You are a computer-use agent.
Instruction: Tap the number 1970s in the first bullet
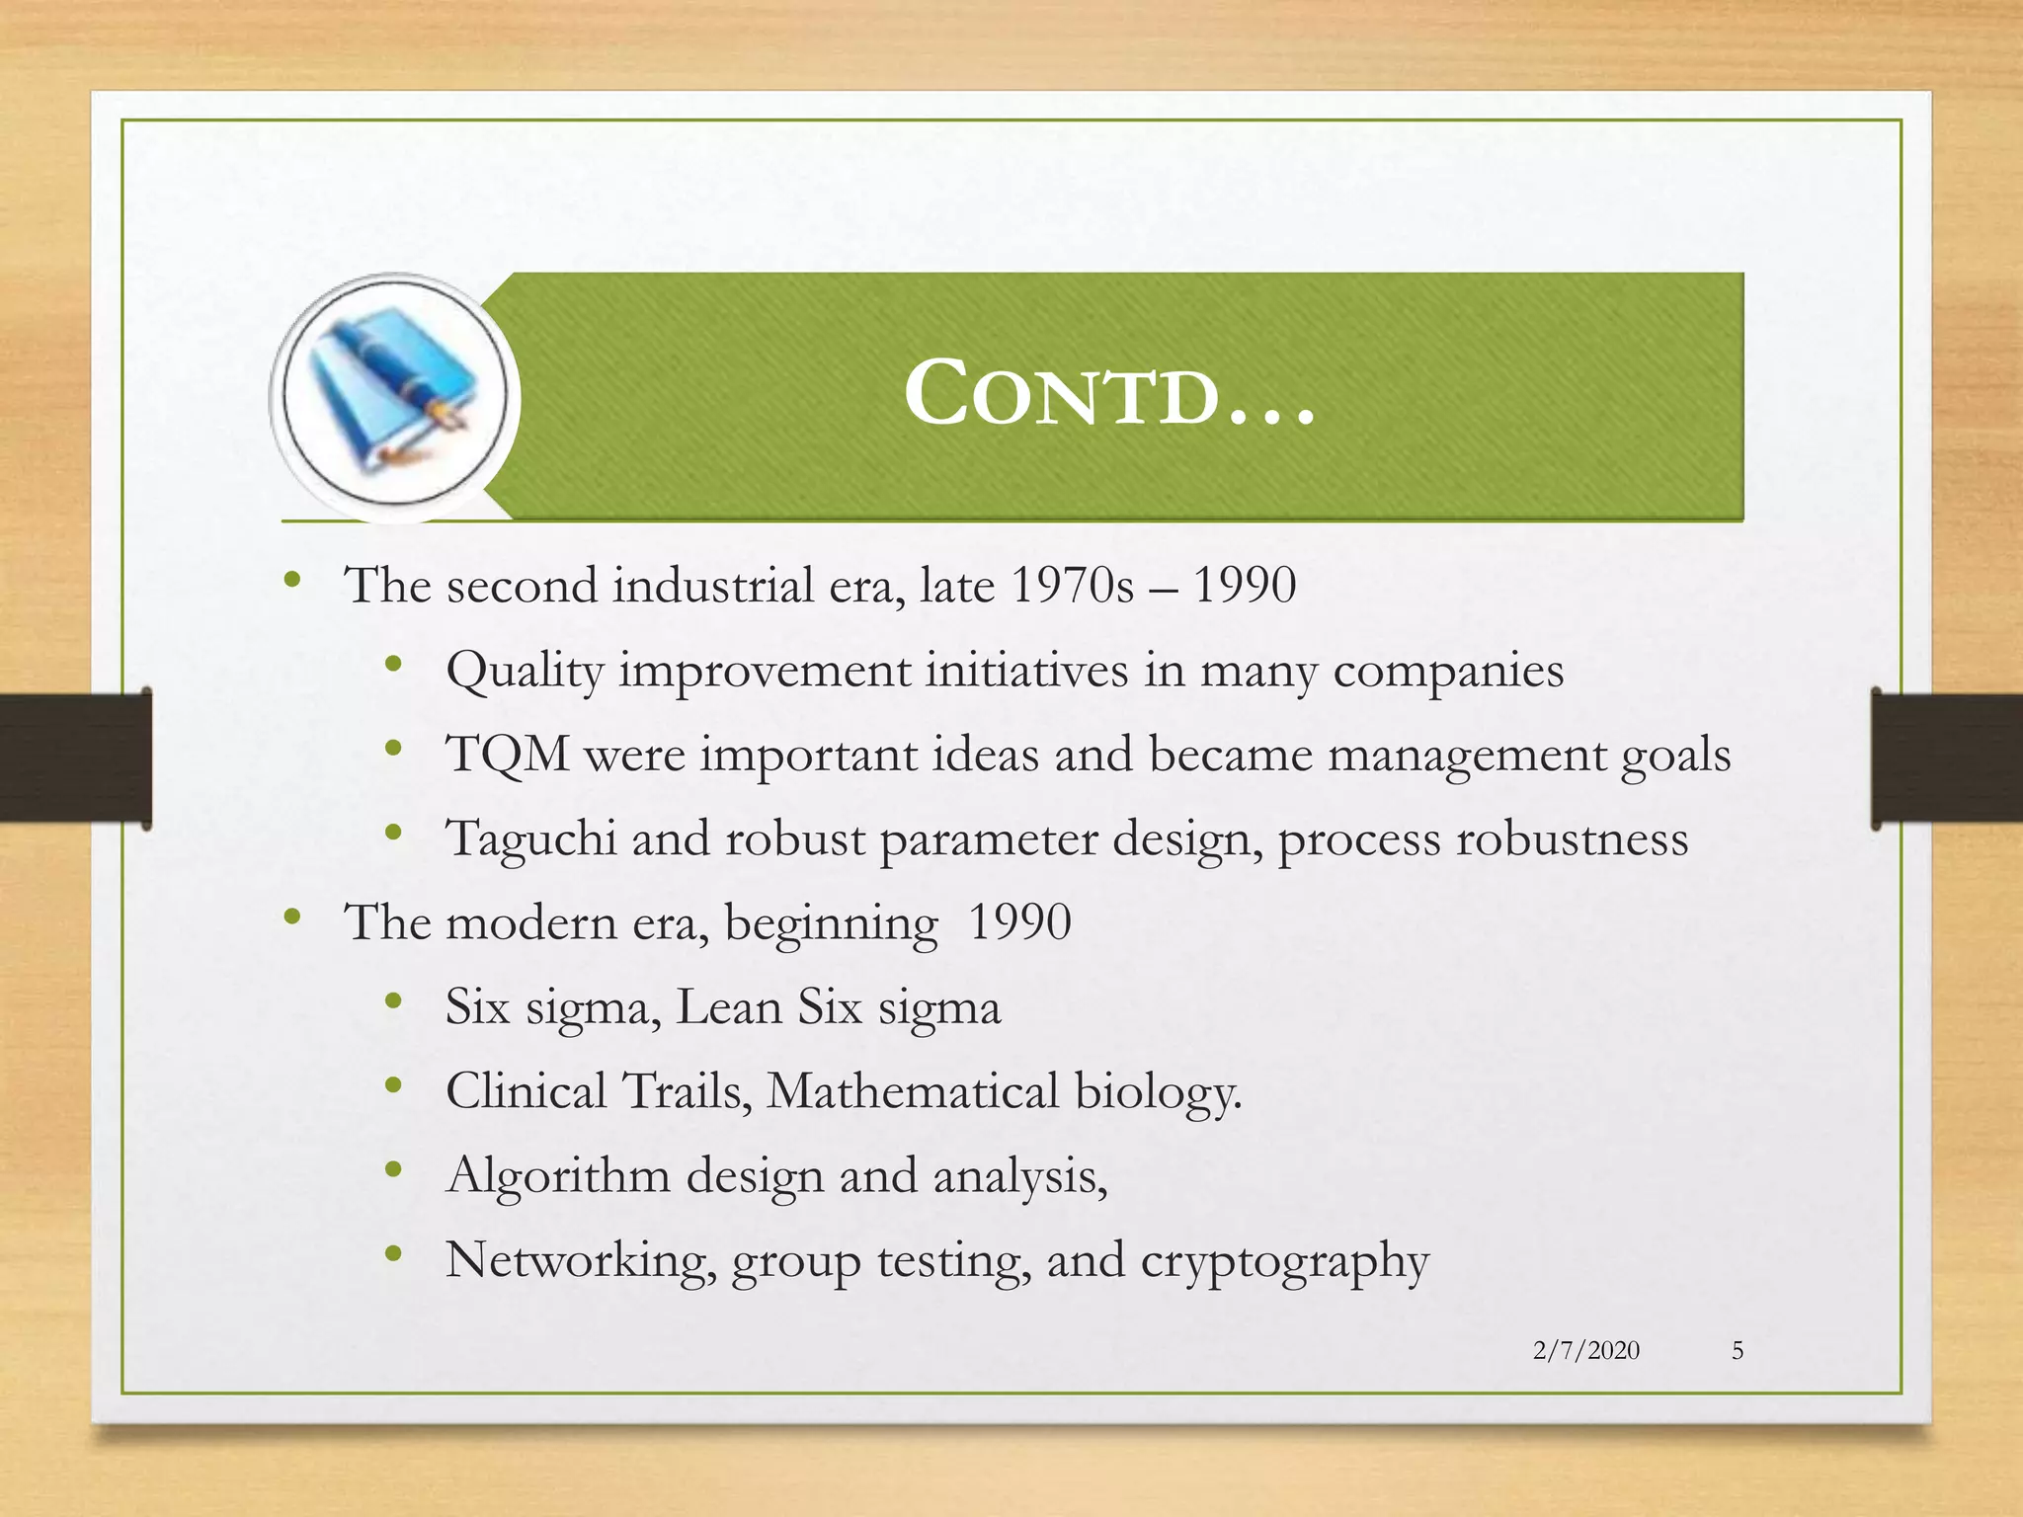click(1072, 586)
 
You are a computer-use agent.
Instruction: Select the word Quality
click(524, 672)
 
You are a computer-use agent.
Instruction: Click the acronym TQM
click(507, 756)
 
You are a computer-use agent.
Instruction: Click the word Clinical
click(526, 1092)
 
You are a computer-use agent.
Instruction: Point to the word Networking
click(580, 1261)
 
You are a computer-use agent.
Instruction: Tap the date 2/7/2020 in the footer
click(1585, 1350)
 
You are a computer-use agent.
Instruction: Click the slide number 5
click(1738, 1350)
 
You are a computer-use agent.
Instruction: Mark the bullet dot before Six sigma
click(394, 1002)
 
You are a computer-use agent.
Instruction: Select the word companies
click(1448, 672)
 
